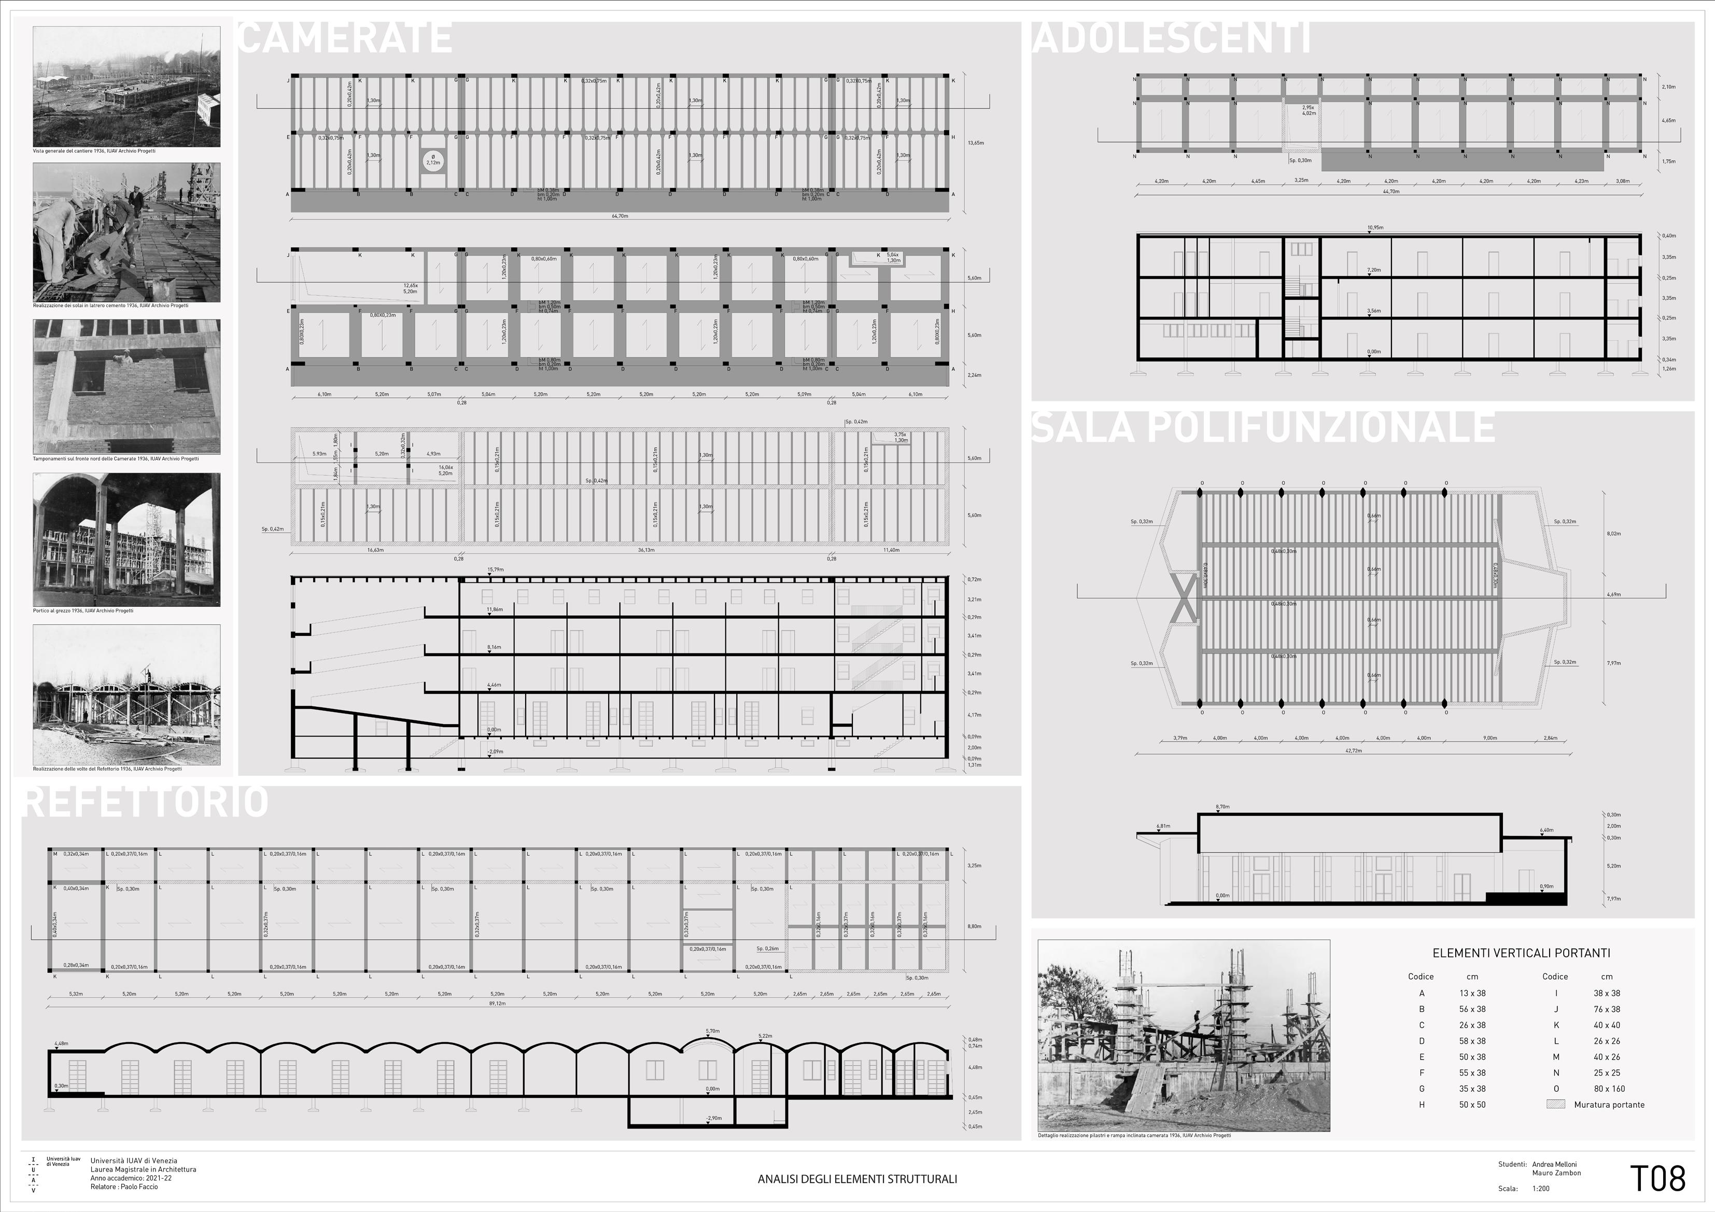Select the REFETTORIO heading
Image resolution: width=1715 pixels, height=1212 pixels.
146,801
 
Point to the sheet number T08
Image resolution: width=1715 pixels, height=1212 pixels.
1657,1178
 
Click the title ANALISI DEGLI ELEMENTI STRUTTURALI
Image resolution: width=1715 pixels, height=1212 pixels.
857,1179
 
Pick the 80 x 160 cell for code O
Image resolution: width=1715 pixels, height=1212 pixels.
1608,1089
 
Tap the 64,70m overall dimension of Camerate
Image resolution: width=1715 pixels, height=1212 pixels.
620,216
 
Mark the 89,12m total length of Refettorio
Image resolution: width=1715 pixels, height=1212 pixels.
497,1004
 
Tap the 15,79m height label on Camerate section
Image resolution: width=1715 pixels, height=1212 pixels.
495,569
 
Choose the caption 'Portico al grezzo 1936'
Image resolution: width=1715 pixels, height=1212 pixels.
83,610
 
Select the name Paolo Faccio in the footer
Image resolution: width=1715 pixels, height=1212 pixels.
139,1187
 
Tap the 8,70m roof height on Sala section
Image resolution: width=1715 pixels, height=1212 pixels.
1222,807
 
